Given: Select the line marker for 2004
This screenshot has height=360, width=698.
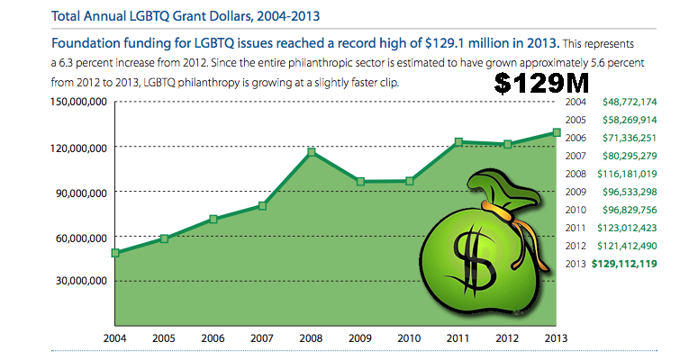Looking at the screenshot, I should pos(115,253).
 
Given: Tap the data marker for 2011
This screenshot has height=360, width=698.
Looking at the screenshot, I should pos(458,141).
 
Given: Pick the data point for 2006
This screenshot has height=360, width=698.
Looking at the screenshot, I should pos(213,219).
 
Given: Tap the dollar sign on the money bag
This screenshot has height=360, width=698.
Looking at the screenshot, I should pos(483,256).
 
